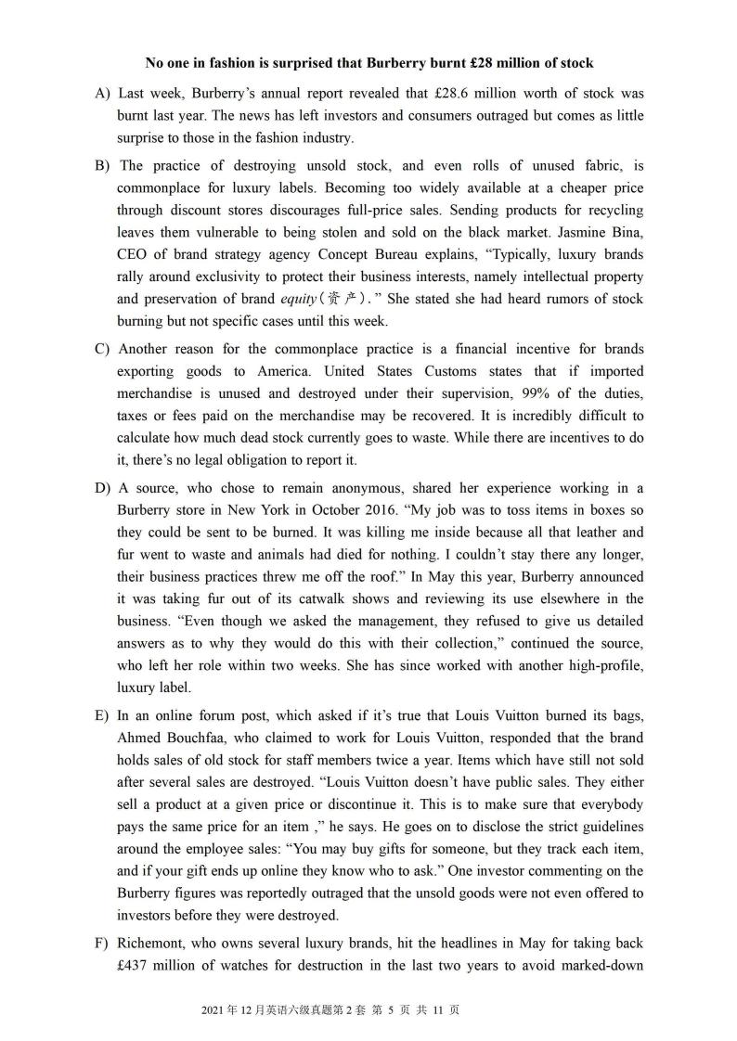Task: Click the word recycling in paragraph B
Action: click(603, 211)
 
